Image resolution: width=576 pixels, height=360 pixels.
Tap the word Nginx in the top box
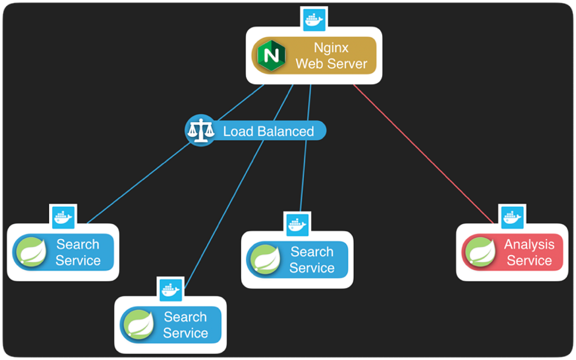[x=331, y=48]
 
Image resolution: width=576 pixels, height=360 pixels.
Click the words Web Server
[x=331, y=64]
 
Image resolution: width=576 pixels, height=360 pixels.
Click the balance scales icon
[x=200, y=131]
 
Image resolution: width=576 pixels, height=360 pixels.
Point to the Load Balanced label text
[x=268, y=132]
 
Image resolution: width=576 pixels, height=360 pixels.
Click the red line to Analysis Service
[x=422, y=154]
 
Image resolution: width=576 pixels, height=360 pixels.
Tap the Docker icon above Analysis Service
[x=512, y=217]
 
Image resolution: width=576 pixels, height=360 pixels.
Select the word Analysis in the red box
[x=529, y=245]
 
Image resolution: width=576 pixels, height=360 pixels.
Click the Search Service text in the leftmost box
[x=78, y=252]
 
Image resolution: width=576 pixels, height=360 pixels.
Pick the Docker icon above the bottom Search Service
[x=171, y=289]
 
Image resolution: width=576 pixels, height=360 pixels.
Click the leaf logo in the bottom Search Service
[x=139, y=325]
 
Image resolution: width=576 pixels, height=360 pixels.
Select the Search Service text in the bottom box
[x=185, y=325]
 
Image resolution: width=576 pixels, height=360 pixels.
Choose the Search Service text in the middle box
[x=312, y=260]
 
